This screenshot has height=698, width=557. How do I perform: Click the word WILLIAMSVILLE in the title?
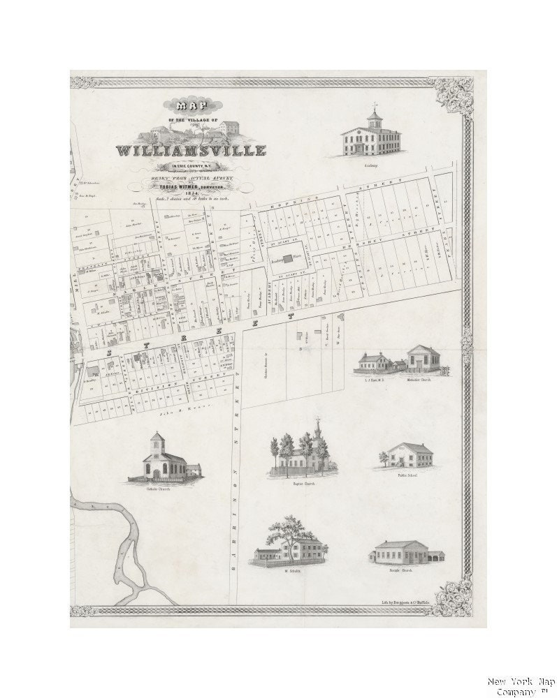point(191,151)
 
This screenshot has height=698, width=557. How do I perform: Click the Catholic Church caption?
point(159,489)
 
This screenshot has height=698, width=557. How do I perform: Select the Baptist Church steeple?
point(317,431)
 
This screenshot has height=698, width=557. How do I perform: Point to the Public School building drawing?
point(410,455)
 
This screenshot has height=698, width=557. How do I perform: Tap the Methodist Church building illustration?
point(424,359)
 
